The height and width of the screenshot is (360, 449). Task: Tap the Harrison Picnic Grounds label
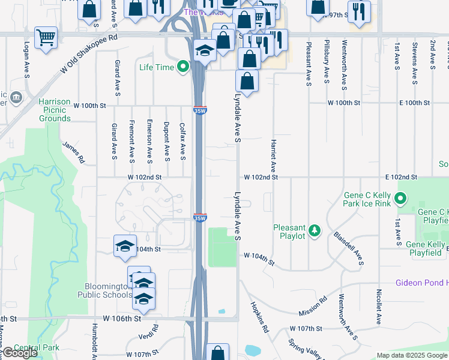point(55,110)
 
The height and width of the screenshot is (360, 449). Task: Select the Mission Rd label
point(313,306)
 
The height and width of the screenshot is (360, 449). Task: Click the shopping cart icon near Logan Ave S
point(46,37)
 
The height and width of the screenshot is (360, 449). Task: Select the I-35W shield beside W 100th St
point(200,110)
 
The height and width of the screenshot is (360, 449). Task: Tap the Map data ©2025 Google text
point(412,355)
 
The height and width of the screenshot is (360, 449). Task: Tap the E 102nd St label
point(402,178)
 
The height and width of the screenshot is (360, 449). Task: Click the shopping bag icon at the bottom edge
point(217,352)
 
